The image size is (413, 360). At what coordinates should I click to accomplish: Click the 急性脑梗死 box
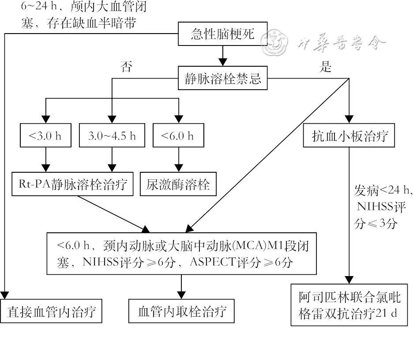click(223, 34)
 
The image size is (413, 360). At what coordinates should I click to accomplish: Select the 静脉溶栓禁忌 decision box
click(223, 79)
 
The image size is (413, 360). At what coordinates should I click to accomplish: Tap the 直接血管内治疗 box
click(52, 312)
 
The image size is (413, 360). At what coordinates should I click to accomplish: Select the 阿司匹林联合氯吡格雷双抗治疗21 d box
click(349, 305)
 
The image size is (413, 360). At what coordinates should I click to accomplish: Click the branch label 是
click(326, 67)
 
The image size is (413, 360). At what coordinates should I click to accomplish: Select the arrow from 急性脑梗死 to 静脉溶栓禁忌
click(223, 56)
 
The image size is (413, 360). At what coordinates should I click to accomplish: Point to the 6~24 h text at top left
click(36, 7)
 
